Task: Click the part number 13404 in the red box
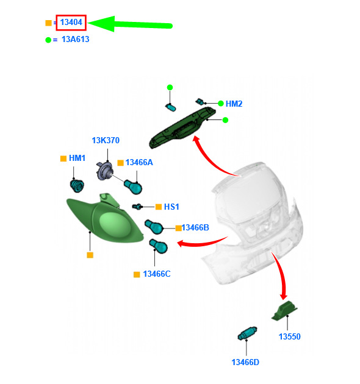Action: [x=71, y=23]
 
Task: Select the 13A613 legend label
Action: [x=76, y=39]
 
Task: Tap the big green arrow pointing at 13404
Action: [x=130, y=24]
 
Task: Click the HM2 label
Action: [x=234, y=104]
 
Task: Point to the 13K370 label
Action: [x=106, y=140]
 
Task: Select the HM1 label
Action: [x=77, y=158]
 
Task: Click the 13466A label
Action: [x=139, y=162]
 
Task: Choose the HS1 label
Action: [x=171, y=207]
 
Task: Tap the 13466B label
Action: [x=195, y=227]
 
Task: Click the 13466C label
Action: [x=157, y=274]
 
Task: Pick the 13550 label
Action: [x=290, y=336]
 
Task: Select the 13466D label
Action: [x=245, y=362]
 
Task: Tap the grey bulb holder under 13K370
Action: [x=104, y=171]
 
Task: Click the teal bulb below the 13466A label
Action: [x=133, y=187]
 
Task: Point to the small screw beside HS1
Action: [x=137, y=207]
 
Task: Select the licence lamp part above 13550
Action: [x=284, y=310]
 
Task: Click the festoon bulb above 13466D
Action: [x=247, y=333]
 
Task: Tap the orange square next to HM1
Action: [x=63, y=158]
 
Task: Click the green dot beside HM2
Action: [x=221, y=104]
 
